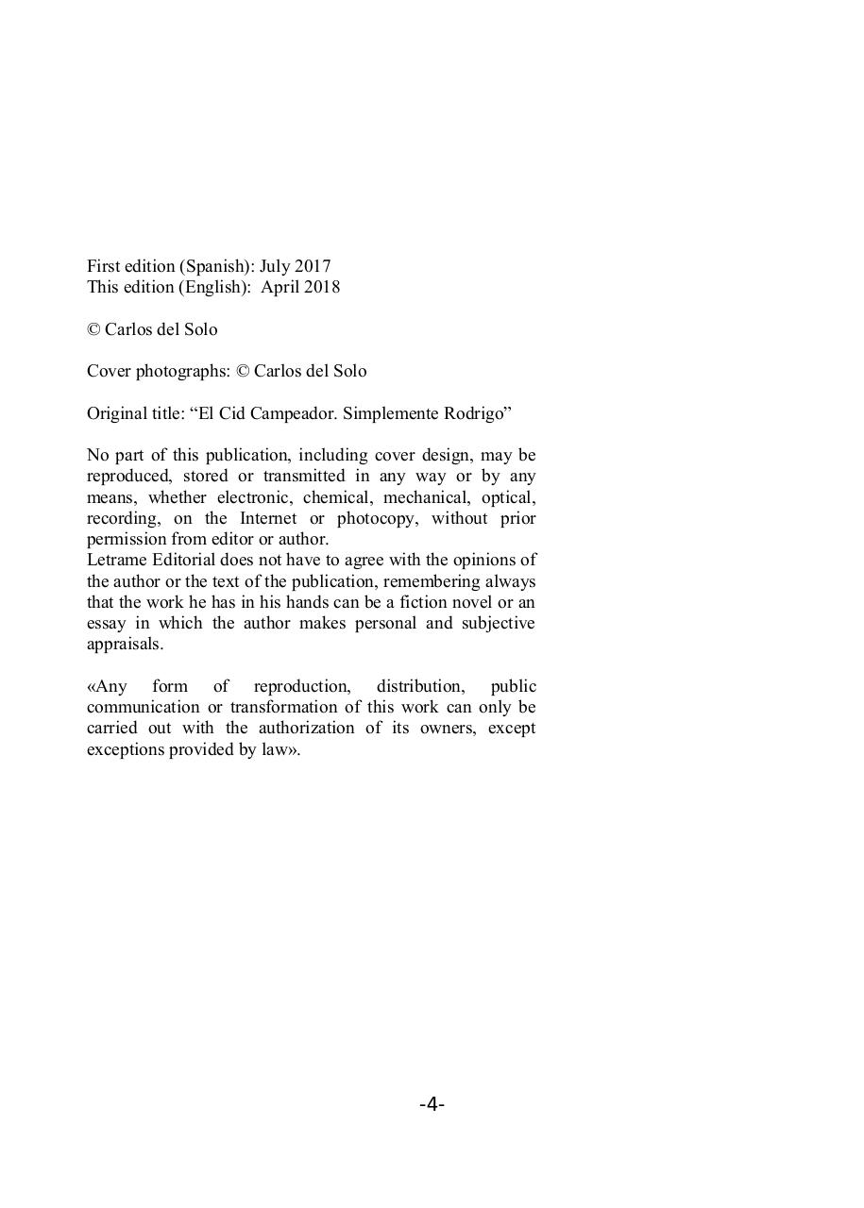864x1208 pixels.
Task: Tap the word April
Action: coord(280,288)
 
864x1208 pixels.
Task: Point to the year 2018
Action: coord(322,288)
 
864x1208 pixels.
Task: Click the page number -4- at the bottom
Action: coord(432,1104)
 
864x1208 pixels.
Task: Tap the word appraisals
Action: coord(125,645)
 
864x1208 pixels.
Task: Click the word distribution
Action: coord(420,686)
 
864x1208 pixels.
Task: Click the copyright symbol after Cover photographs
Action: coord(242,372)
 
